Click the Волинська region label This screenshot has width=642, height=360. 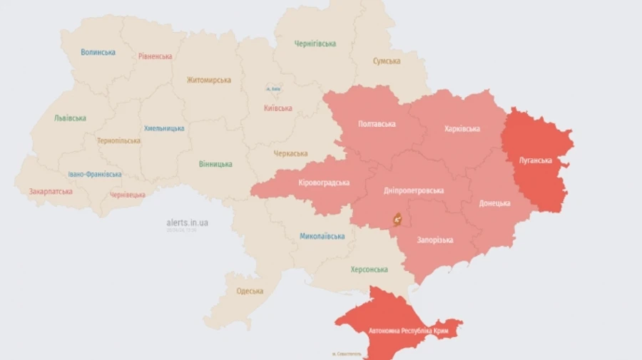(x=98, y=52)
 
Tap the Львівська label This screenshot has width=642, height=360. (x=70, y=118)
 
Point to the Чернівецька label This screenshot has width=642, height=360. (x=128, y=195)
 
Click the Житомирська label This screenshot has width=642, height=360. (x=209, y=80)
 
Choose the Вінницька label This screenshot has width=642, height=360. (x=215, y=164)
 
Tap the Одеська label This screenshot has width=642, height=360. (x=250, y=291)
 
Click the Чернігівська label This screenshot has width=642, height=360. (x=315, y=43)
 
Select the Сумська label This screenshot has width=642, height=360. (x=386, y=61)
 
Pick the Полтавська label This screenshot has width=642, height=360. (x=376, y=124)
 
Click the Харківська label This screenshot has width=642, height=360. (x=462, y=129)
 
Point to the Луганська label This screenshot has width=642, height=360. (x=535, y=160)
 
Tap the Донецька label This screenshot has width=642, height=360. (x=494, y=203)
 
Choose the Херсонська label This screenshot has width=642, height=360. (x=369, y=269)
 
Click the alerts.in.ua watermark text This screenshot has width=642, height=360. (x=187, y=222)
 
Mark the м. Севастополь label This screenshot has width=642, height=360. (x=347, y=354)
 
